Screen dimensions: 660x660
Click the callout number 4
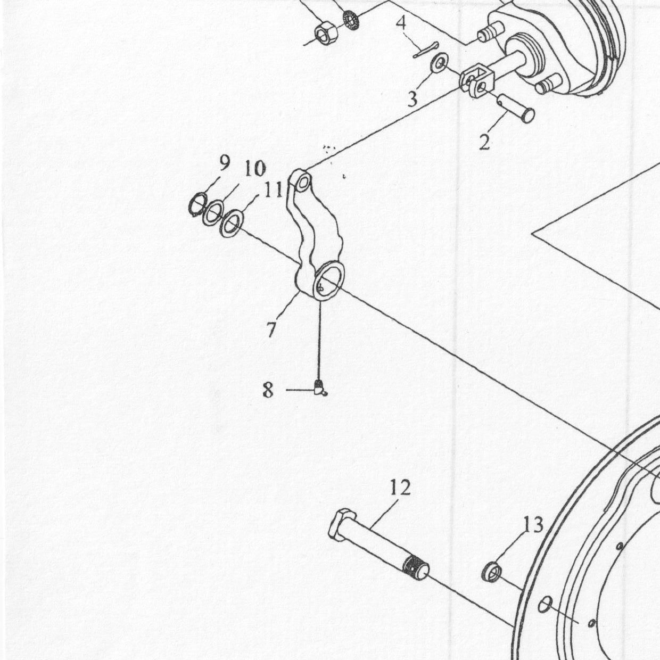pos(401,23)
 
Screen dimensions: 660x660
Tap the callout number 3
pos(412,99)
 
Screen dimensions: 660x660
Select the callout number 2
pos(484,142)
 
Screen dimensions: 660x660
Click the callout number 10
pos(254,169)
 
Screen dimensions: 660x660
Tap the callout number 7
pos(271,329)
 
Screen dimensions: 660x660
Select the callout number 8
pos(268,390)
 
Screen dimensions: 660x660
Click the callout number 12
pos(400,488)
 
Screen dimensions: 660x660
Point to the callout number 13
pos(533,525)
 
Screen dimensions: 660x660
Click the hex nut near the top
pos(326,34)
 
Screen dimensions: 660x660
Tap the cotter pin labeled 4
pos(425,50)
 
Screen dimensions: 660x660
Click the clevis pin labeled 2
pos(515,108)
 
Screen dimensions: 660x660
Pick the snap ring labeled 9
pos(197,205)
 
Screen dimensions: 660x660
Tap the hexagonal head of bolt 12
pos(341,525)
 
